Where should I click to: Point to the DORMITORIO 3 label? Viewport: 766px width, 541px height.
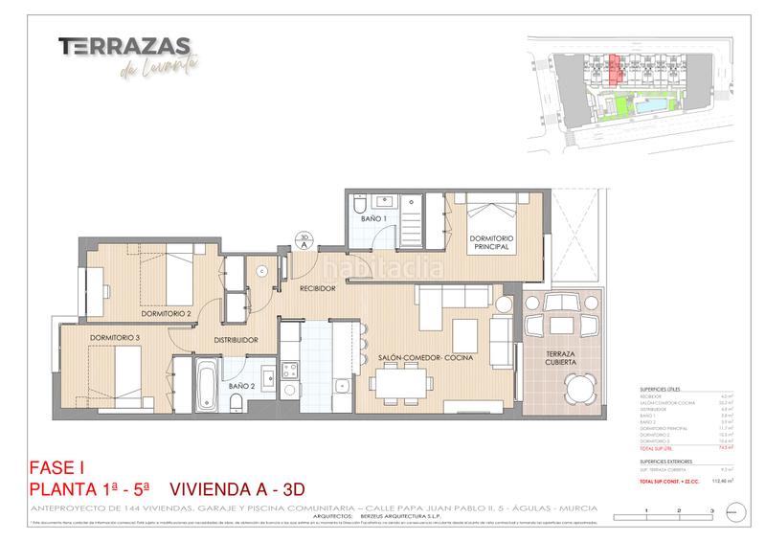(x=116, y=337)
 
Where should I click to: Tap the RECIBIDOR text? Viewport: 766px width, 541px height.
(x=316, y=287)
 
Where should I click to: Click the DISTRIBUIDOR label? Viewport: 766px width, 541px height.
(x=236, y=339)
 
